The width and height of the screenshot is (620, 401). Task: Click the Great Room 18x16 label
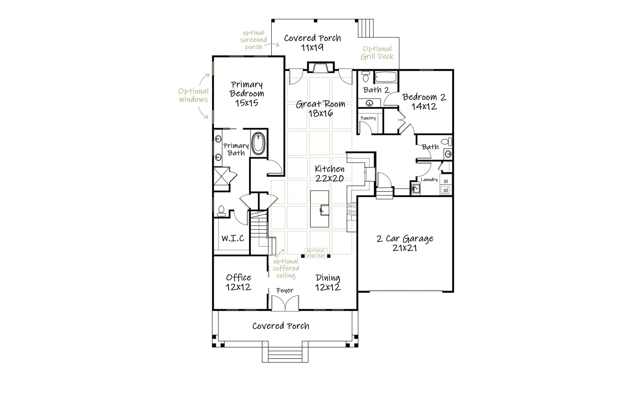pyautogui.click(x=320, y=108)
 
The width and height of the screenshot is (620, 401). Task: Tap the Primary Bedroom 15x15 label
pyautogui.click(x=247, y=94)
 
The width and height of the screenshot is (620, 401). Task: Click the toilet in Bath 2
pyautogui.click(x=366, y=76)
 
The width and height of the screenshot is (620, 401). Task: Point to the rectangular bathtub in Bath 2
pyautogui.click(x=386, y=77)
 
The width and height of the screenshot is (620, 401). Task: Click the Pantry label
pyautogui.click(x=368, y=118)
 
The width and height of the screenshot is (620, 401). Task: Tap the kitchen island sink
pyautogui.click(x=324, y=210)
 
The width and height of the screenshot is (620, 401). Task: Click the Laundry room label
pyautogui.click(x=429, y=180)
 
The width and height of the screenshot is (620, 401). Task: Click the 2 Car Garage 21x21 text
pyautogui.click(x=405, y=243)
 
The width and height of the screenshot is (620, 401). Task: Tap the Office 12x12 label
pyautogui.click(x=238, y=282)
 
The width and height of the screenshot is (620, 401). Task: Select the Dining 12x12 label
pyautogui.click(x=328, y=283)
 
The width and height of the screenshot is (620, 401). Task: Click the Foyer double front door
pyautogui.click(x=285, y=303)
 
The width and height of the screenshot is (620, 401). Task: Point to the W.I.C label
pyautogui.click(x=233, y=238)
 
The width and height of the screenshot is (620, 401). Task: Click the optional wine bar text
pyautogui.click(x=316, y=253)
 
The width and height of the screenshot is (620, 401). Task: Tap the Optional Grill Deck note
pyautogui.click(x=377, y=53)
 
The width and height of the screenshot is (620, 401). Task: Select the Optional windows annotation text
pyautogui.click(x=193, y=95)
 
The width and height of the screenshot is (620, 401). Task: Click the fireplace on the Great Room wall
pyautogui.click(x=321, y=67)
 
